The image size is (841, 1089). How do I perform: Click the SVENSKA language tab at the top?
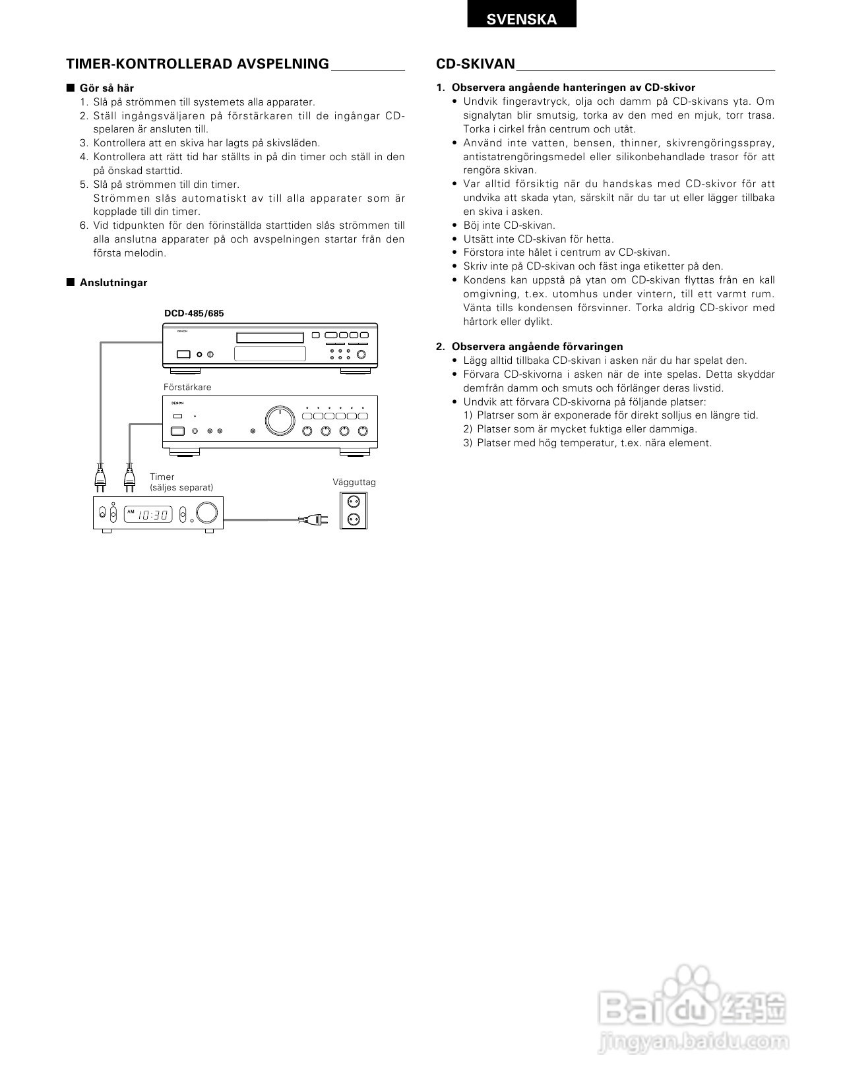521,18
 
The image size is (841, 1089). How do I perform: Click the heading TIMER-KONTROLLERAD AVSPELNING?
197,64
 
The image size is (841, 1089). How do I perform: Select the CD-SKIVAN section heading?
475,64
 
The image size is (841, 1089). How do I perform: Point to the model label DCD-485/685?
194,313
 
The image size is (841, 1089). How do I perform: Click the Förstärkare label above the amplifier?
187,387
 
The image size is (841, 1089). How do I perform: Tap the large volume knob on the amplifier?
280,420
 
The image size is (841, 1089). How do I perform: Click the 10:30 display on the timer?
153,514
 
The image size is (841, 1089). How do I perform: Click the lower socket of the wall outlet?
353,519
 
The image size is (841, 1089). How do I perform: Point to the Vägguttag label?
354,482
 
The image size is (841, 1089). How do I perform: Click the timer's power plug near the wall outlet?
313,520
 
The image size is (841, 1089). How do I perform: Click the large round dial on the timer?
207,514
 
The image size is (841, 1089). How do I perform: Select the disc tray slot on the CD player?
270,338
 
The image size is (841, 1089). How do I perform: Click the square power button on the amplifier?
177,432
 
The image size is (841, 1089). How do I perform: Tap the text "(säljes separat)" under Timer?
181,488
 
